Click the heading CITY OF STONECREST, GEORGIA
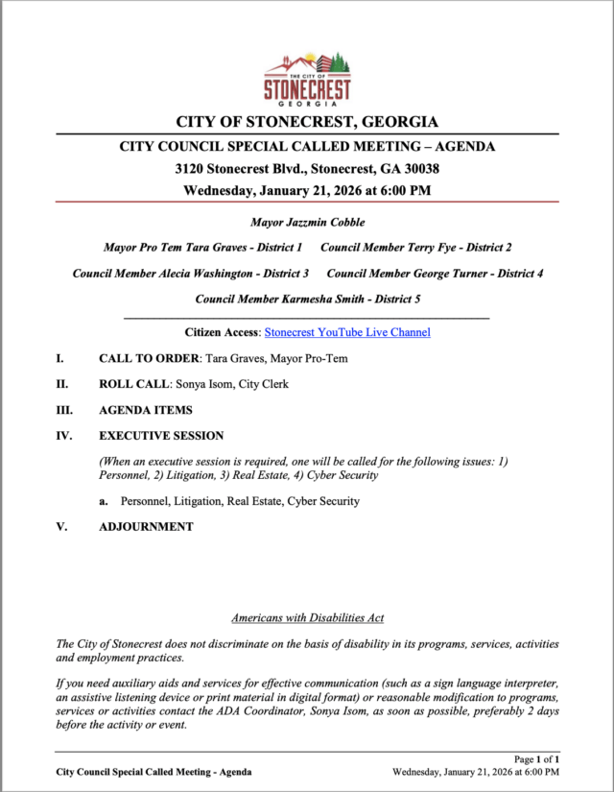click(307, 122)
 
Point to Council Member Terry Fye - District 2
click(415, 248)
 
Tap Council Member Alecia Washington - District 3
click(191, 274)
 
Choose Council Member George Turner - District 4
click(435, 274)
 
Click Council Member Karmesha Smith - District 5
click(307, 300)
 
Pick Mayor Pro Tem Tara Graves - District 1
click(202, 248)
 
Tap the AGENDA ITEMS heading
click(145, 410)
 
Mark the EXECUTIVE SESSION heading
click(161, 436)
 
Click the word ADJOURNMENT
click(146, 527)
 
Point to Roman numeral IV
click(62, 436)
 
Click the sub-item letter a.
click(103, 501)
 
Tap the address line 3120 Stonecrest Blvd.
click(307, 168)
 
